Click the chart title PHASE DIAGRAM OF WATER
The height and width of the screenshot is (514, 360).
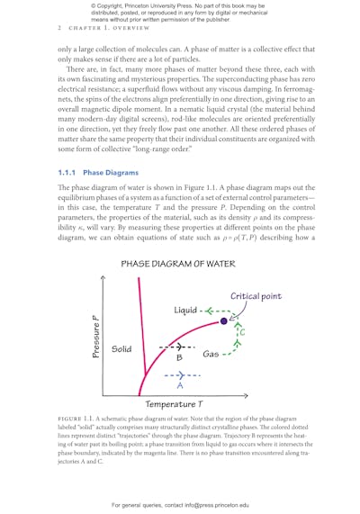[x=179, y=264]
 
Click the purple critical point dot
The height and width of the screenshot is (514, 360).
[x=224, y=320]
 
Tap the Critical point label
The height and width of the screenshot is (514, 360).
[x=257, y=296]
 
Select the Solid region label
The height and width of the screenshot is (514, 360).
[x=121, y=348]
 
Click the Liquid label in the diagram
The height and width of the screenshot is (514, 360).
[x=184, y=311]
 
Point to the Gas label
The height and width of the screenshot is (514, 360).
[x=212, y=354]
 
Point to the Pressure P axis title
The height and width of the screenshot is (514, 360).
[x=95, y=337]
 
